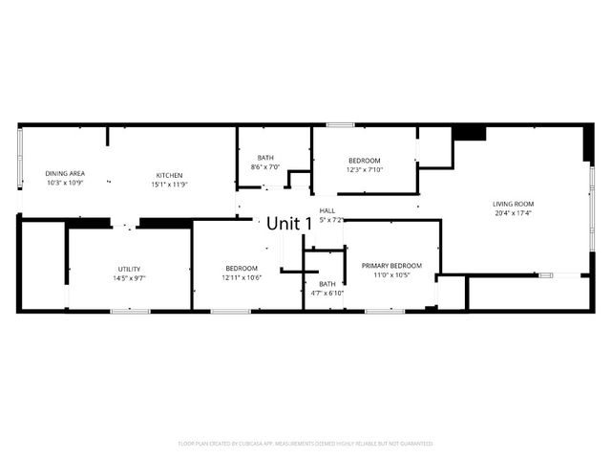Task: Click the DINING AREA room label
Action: tap(65, 173)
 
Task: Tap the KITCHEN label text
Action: tap(170, 175)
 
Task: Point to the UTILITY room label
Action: tap(130, 268)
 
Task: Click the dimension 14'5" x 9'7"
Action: tap(130, 277)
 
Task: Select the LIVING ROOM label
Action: tap(513, 204)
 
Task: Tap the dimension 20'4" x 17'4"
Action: tap(513, 213)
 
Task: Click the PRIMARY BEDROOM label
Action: tap(391, 265)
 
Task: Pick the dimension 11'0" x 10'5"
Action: tap(391, 274)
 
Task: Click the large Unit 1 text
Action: tap(289, 223)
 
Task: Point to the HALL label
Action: tap(327, 210)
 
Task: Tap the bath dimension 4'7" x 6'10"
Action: tap(327, 293)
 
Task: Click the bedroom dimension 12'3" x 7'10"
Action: tap(364, 169)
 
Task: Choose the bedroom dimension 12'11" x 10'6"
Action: tap(242, 277)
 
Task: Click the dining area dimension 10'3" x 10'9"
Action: tap(65, 183)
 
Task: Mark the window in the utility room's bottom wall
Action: tap(130, 311)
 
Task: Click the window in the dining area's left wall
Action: tap(20, 157)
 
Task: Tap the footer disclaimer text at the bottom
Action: tap(305, 444)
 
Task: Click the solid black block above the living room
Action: tap(469, 132)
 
